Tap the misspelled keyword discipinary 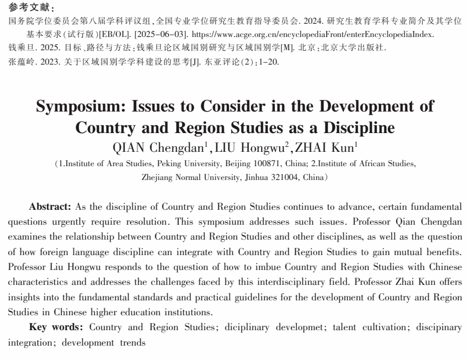click(x=439, y=327)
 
